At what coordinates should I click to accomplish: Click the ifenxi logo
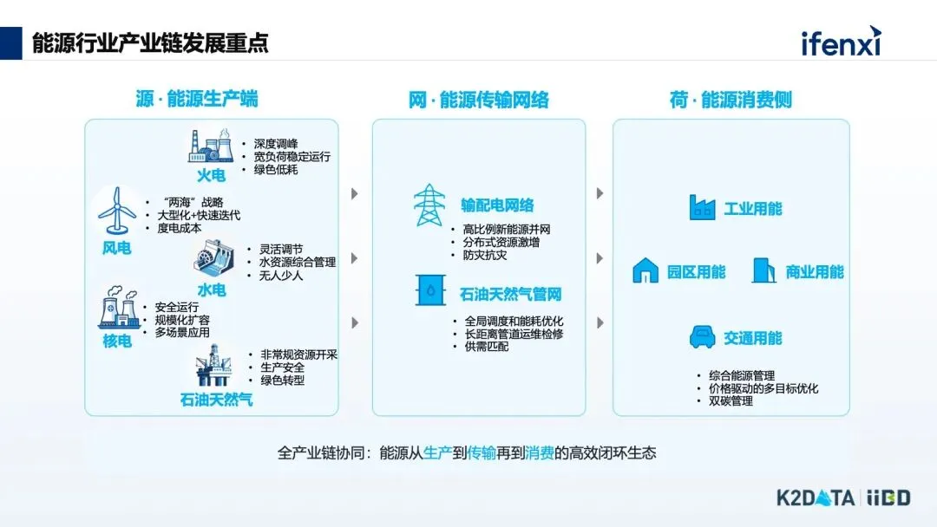tap(840, 41)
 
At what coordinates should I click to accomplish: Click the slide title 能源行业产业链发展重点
tap(149, 42)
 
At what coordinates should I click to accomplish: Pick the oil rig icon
tap(213, 366)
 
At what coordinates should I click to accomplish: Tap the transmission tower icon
tap(429, 205)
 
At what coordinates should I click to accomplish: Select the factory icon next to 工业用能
tap(702, 208)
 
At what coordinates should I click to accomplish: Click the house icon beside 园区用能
tap(645, 270)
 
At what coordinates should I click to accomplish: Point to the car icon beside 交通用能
tap(702, 337)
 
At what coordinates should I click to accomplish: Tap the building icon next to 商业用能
tap(763, 270)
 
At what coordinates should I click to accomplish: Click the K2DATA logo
tap(815, 498)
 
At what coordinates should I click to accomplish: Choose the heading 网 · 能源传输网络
tap(478, 101)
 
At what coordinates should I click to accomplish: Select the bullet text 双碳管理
tap(731, 401)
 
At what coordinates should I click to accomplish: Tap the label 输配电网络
tap(497, 205)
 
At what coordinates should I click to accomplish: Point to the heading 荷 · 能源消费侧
tap(731, 101)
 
